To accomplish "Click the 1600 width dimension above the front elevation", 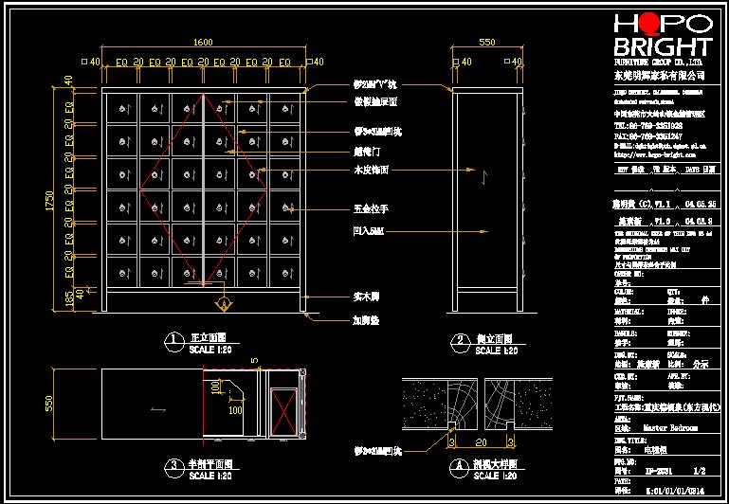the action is [x=203, y=42].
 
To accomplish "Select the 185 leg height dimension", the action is [x=57, y=300].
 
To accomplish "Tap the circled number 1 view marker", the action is [x=173, y=339].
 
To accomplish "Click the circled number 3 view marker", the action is [x=173, y=465].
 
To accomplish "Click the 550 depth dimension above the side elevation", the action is [x=486, y=42].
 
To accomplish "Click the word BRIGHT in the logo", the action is [x=663, y=48].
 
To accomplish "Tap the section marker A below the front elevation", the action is [x=224, y=303].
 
